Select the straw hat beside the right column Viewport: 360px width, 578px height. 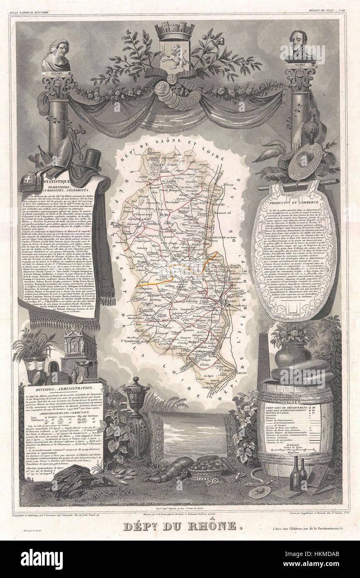(x=305, y=162)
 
